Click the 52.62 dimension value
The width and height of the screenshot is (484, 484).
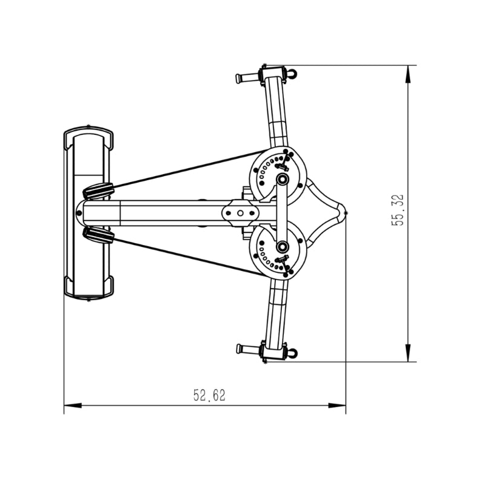(x=209, y=396)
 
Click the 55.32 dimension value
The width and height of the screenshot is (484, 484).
(x=397, y=210)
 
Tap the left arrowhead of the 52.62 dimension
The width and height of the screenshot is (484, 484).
(x=73, y=405)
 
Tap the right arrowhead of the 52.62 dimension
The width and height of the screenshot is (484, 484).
(x=337, y=405)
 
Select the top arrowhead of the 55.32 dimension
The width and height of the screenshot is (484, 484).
(x=408, y=74)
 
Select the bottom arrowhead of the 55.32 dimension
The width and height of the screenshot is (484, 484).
(x=408, y=353)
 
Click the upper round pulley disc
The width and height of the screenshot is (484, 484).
(x=278, y=175)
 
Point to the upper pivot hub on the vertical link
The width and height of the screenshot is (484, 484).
(x=282, y=178)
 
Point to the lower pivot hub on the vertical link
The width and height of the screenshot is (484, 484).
(x=282, y=247)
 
